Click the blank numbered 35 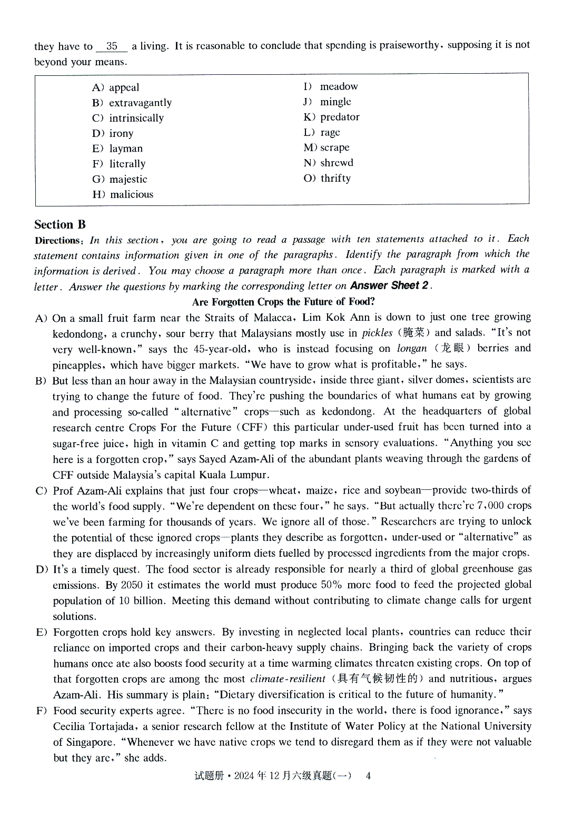pos(112,46)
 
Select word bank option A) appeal pos(115,87)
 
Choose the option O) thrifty pos(327,178)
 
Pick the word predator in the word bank pos(340,117)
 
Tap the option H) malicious pos(123,194)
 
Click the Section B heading pos(60,224)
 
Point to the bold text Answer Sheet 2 pos(389,285)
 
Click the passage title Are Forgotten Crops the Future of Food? pos(283,302)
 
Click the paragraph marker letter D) pos(42,569)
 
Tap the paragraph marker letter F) pos(42,711)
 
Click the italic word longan pos(411,349)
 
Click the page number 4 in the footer pos(368,775)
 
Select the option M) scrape pos(326,147)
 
